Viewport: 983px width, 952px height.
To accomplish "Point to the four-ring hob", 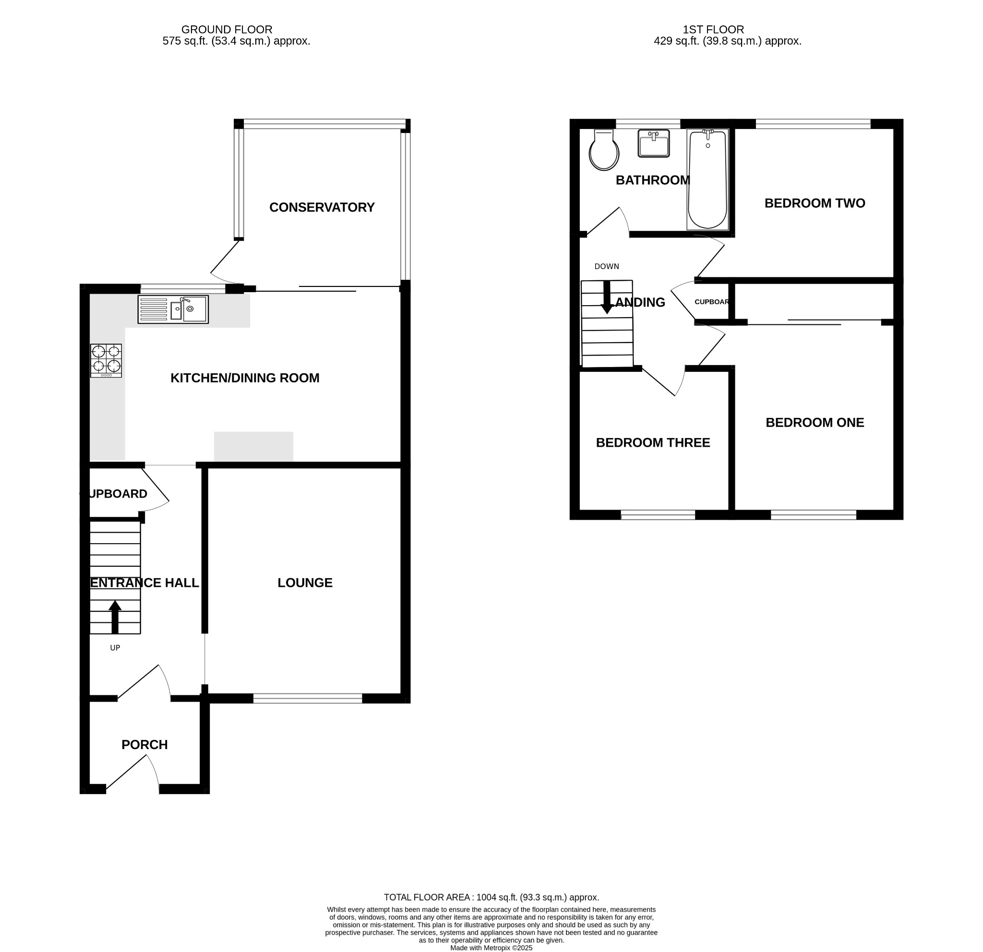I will coord(106,360).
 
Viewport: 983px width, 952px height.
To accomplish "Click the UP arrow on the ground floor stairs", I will coord(115,616).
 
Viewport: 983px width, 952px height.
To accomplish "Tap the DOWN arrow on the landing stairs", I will coord(607,298).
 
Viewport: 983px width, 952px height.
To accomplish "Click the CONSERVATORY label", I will coord(322,207).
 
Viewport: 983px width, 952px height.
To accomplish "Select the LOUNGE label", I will coord(305,583).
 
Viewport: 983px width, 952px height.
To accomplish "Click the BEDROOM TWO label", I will coord(815,203).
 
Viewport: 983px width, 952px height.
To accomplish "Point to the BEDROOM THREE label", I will coord(652,443).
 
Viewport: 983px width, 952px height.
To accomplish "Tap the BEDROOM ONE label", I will coord(815,423).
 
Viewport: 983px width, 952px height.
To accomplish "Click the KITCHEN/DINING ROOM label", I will coord(245,378).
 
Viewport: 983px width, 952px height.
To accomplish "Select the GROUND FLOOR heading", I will coord(227,30).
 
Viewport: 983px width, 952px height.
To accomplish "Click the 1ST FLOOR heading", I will coord(713,30).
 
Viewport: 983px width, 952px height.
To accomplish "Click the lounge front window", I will coord(308,698).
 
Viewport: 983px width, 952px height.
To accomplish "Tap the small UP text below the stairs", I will coord(115,648).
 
